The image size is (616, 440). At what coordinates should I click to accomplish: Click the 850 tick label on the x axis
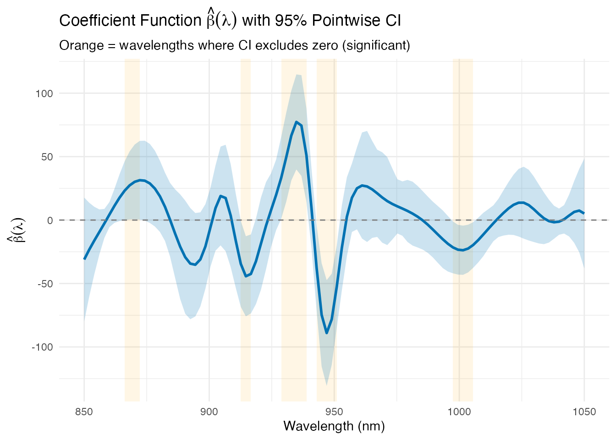pyautogui.click(x=84, y=412)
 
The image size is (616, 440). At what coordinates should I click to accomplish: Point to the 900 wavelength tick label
pyautogui.click(x=209, y=412)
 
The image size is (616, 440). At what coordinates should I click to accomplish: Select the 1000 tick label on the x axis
pyautogui.click(x=459, y=412)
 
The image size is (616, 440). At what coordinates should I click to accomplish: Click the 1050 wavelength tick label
pyautogui.click(x=584, y=412)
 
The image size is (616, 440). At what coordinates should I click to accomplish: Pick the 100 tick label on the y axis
pyautogui.click(x=44, y=93)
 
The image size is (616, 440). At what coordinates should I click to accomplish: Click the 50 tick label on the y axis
pyautogui.click(x=47, y=157)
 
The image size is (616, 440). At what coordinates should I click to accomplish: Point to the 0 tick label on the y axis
pyautogui.click(x=50, y=220)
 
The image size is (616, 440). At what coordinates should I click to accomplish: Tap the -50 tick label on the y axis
pyautogui.click(x=45, y=284)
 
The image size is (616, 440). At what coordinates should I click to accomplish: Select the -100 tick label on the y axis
pyautogui.click(x=43, y=347)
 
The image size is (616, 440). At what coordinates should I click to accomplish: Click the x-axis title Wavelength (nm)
pyautogui.click(x=334, y=426)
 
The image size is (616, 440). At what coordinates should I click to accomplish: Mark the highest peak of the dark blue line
pyautogui.click(x=297, y=122)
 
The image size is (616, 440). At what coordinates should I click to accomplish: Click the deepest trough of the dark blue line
pyautogui.click(x=327, y=333)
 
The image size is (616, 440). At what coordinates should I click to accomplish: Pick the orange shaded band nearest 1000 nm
pyautogui.click(x=462, y=229)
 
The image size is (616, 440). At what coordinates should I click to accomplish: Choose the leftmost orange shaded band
pyautogui.click(x=132, y=229)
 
